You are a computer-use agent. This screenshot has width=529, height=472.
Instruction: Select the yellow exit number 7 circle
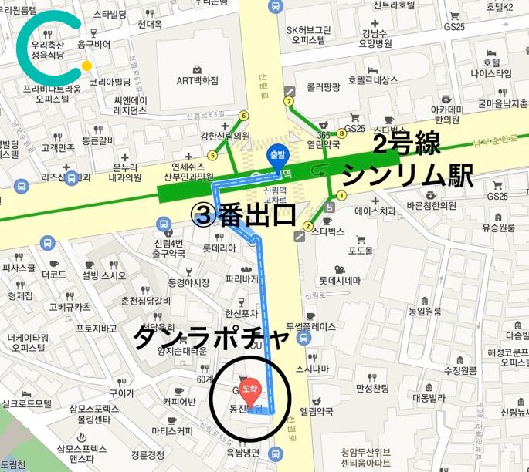[290, 101]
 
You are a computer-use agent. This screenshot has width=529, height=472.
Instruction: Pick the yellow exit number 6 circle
[244, 116]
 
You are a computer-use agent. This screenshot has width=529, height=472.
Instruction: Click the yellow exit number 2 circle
[307, 226]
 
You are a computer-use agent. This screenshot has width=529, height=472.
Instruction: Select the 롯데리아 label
[219, 248]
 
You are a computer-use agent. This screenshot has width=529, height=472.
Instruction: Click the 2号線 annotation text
[407, 143]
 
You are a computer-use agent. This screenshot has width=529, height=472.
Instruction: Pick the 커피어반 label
[178, 401]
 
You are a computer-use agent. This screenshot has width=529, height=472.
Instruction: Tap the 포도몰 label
[360, 251]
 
